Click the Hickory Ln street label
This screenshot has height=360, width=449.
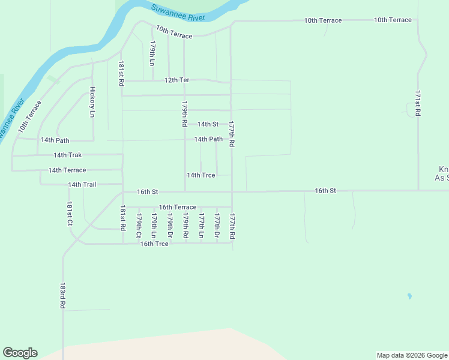92,102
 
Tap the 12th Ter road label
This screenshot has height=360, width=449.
177,80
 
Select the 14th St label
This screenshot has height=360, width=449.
208,124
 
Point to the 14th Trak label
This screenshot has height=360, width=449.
67,155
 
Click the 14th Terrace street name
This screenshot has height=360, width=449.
67,170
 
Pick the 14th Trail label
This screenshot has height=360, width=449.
82,185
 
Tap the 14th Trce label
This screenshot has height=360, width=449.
201,175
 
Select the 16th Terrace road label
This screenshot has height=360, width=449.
177,207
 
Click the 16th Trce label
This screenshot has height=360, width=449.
154,244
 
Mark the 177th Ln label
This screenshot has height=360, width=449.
201,226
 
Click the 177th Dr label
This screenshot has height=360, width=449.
217,226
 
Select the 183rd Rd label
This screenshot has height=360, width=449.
62,296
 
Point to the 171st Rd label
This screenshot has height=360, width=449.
417,104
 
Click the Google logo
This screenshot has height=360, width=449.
20,353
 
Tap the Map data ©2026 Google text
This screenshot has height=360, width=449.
411,355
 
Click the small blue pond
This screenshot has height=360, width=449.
409,296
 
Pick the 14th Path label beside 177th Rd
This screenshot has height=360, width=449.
208,139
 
